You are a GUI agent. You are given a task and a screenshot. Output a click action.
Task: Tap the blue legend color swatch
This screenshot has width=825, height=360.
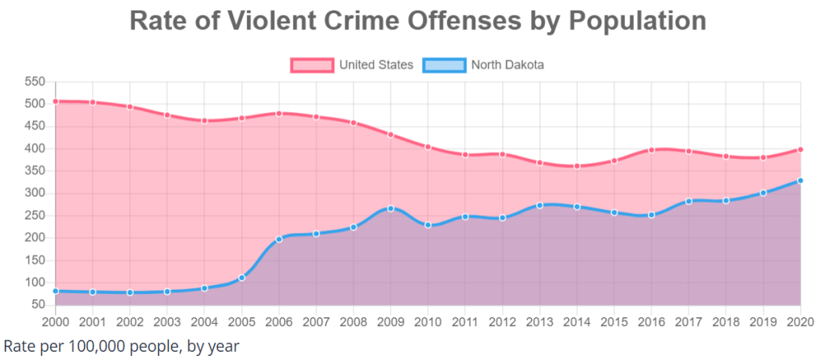443,65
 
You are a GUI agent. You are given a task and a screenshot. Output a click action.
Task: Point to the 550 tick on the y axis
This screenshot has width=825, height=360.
35,82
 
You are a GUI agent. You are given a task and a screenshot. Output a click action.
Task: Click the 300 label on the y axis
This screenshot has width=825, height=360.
35,193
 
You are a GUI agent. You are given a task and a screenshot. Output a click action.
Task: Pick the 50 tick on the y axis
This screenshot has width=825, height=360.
38,304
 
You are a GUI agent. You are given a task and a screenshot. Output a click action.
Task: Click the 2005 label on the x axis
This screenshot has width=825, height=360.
241,321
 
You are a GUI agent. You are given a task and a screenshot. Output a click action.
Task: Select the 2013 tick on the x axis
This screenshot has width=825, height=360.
539,321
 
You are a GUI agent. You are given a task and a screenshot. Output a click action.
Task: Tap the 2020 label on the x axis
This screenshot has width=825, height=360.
800,321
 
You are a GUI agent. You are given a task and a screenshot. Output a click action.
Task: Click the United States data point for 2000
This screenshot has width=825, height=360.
55,101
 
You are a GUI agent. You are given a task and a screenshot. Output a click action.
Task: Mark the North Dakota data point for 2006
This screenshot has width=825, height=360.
278,239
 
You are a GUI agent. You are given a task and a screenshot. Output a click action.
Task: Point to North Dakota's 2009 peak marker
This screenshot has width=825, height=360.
391,208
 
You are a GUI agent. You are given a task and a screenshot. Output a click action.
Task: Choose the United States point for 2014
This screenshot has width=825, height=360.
576,165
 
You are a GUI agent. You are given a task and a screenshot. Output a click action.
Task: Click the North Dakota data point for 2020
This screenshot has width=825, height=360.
800,181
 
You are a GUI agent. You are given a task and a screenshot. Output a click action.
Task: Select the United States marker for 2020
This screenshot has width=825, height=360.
800,149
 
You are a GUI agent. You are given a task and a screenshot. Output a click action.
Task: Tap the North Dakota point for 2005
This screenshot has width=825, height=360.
241,278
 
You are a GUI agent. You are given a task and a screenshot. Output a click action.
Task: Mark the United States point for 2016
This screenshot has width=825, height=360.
651,149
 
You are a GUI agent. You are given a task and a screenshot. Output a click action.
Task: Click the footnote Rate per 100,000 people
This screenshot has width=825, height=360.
122,346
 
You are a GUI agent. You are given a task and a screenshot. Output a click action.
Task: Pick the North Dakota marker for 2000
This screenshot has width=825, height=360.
55,291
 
